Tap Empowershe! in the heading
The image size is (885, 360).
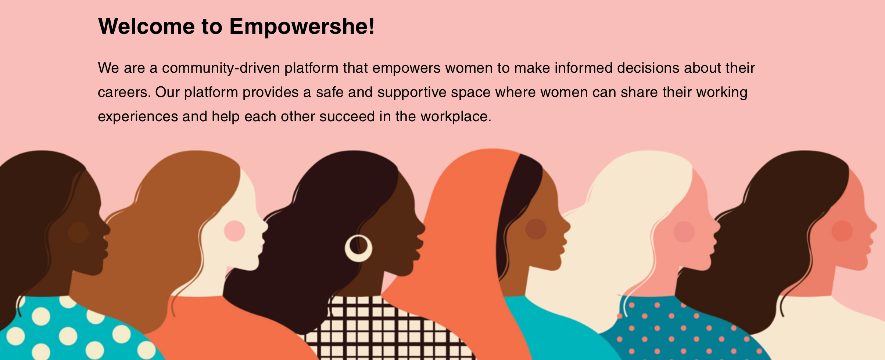(x=302, y=27)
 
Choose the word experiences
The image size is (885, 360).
(x=138, y=117)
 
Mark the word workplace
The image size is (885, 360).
(x=456, y=117)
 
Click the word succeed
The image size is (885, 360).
(x=347, y=117)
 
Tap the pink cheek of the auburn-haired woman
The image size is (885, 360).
(x=234, y=231)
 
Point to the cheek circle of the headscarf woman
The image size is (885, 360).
(x=536, y=229)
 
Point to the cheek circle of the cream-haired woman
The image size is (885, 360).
(x=684, y=232)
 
